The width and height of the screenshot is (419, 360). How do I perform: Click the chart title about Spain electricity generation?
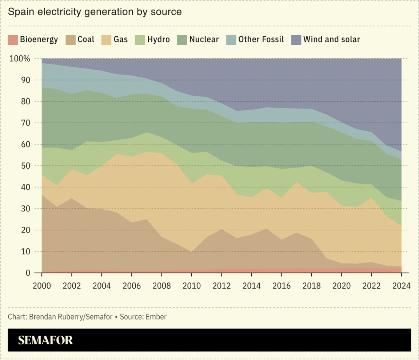tap(95, 12)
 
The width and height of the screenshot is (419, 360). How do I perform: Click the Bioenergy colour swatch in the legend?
tap(12, 39)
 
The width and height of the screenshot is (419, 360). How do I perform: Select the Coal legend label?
tap(86, 39)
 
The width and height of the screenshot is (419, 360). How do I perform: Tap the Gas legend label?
tap(121, 39)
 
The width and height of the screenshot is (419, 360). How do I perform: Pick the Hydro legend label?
tap(159, 39)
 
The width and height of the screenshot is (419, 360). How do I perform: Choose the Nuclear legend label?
tap(204, 39)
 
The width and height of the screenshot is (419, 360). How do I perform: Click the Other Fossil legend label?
tap(261, 39)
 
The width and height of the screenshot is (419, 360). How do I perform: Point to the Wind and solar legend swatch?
tap(296, 39)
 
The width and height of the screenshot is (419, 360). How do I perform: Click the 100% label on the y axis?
tap(22, 59)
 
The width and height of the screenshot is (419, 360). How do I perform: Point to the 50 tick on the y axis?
tap(25, 166)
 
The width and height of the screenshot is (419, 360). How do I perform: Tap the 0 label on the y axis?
tap(28, 273)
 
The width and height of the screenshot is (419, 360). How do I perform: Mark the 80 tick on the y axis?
tap(25, 102)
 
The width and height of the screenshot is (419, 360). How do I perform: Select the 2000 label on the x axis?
tap(42, 285)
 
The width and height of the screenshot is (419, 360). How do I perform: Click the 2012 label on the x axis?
tap(222, 285)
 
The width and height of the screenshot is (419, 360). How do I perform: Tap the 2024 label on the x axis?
tap(401, 285)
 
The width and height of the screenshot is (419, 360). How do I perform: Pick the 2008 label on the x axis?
tap(161, 285)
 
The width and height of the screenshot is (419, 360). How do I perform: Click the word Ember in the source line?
tap(156, 317)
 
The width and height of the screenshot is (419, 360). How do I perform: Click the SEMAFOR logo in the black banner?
tap(45, 340)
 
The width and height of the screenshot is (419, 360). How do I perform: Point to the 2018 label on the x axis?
tap(311, 285)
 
